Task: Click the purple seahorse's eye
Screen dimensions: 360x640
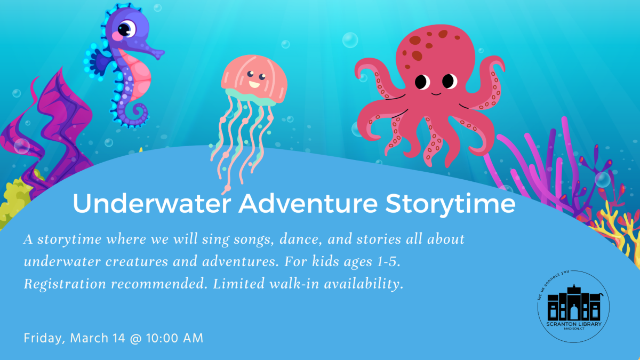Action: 127,28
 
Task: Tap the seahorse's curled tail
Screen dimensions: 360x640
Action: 138,113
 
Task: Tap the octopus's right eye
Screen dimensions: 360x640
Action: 449,81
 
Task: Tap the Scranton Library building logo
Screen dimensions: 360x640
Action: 573,307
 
